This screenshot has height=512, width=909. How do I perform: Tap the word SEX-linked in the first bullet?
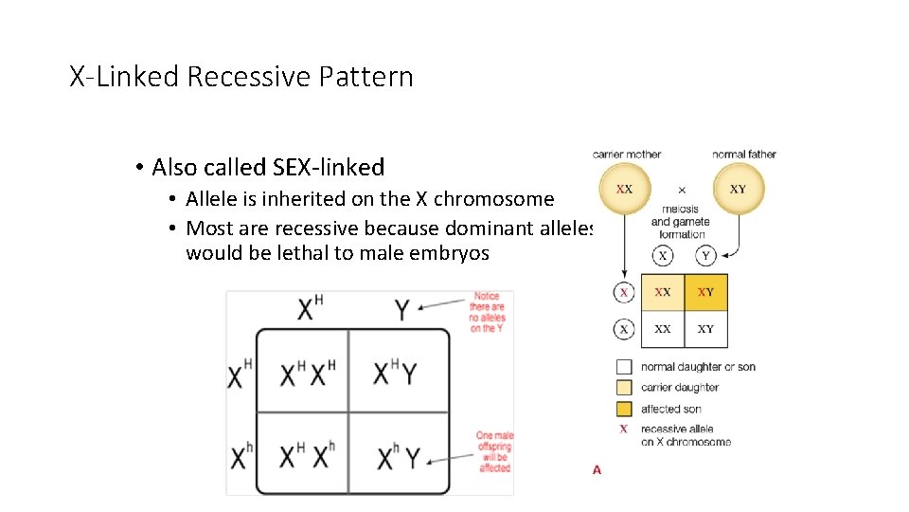pyautogui.click(x=328, y=168)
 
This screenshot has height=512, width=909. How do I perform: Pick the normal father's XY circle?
pyautogui.click(x=738, y=189)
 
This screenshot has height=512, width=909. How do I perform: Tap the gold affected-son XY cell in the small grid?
pyautogui.click(x=705, y=293)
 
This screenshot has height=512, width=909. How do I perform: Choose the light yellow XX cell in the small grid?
pyautogui.click(x=663, y=293)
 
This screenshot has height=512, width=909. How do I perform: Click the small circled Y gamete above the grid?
pyautogui.click(x=705, y=256)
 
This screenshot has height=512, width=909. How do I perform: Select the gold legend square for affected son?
pyautogui.click(x=624, y=409)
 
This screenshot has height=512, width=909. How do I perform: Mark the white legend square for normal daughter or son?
pyautogui.click(x=624, y=367)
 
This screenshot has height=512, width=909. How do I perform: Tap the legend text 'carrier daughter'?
pyautogui.click(x=679, y=388)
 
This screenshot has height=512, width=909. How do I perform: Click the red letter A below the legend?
pyautogui.click(x=597, y=469)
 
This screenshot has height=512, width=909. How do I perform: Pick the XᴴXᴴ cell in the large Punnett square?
pyautogui.click(x=308, y=374)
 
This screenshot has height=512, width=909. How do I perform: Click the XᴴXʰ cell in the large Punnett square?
pyautogui.click(x=308, y=458)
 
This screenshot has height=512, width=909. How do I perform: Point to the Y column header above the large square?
pyautogui.click(x=402, y=310)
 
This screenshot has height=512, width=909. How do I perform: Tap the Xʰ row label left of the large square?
pyautogui.click(x=241, y=458)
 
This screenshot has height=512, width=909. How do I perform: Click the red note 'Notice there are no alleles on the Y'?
pyautogui.click(x=487, y=312)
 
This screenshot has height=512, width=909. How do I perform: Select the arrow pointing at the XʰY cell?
pyautogui.click(x=450, y=460)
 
